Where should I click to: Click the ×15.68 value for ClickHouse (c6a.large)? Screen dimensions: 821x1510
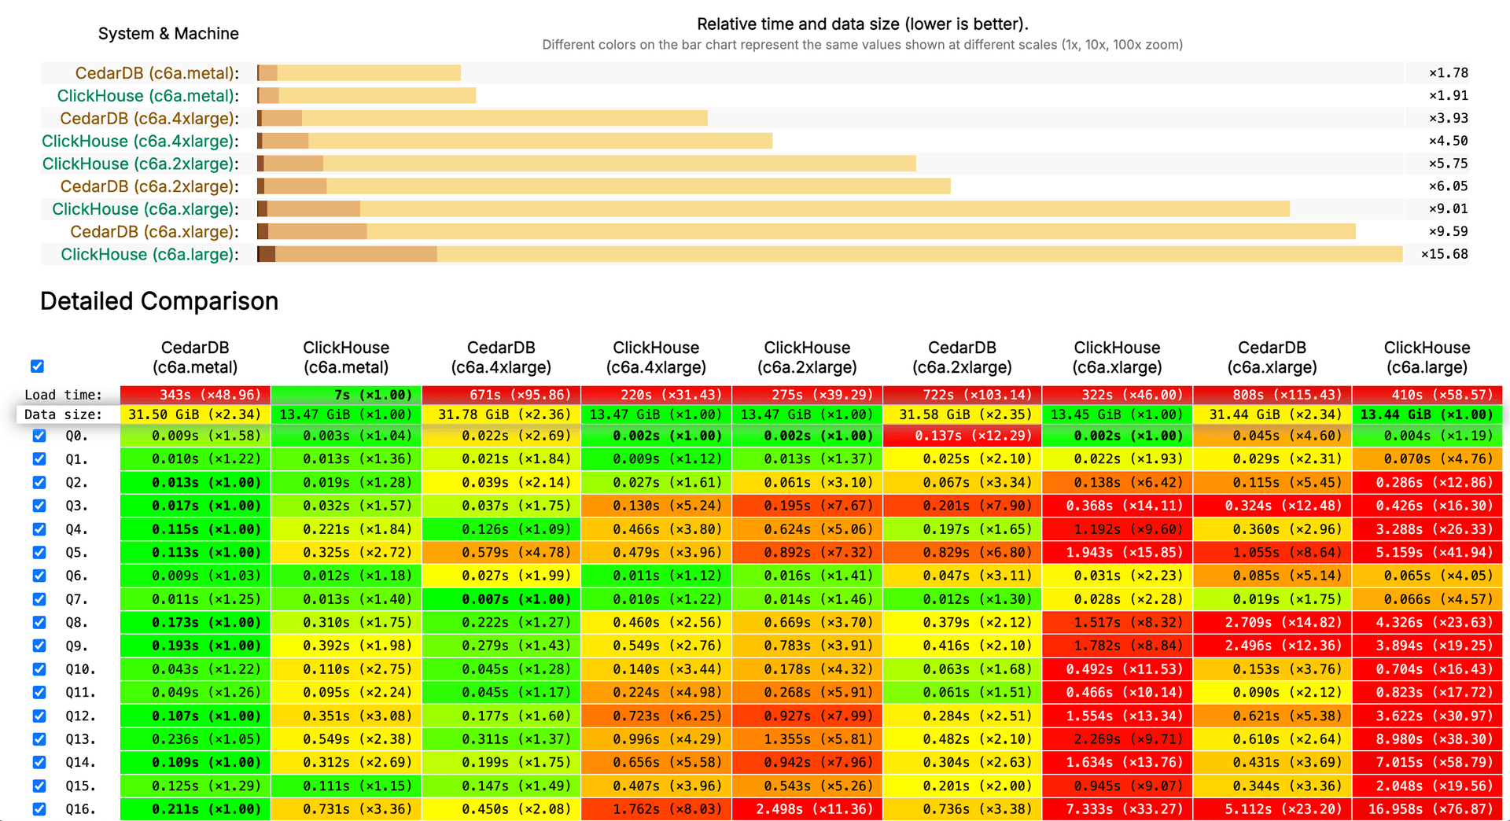(1444, 254)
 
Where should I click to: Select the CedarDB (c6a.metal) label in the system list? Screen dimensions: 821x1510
(157, 73)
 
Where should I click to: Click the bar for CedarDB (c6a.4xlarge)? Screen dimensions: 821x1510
(483, 119)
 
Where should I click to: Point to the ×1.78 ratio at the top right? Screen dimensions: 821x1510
(1448, 73)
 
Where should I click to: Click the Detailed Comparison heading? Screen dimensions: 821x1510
(159, 301)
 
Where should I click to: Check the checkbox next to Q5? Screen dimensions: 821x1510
(39, 553)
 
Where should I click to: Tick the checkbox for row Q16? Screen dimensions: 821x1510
(39, 809)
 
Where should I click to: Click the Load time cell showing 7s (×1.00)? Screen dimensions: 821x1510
(346, 395)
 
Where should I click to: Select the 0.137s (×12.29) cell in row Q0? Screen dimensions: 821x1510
(963, 436)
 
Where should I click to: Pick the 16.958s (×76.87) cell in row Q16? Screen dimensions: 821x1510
(1427, 809)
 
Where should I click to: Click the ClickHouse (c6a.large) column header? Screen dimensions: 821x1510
(1427, 358)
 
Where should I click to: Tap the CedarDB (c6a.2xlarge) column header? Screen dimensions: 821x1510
(962, 358)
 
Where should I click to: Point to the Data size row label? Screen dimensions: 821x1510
(63, 414)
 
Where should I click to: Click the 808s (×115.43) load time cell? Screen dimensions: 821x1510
(1272, 395)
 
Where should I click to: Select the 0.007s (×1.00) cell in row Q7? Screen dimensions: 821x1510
(501, 599)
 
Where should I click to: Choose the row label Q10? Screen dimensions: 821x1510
(79, 669)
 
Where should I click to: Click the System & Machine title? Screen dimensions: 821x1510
(168, 34)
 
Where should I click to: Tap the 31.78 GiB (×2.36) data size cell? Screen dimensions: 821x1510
(501, 414)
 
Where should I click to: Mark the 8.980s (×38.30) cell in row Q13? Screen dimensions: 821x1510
(1427, 739)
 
